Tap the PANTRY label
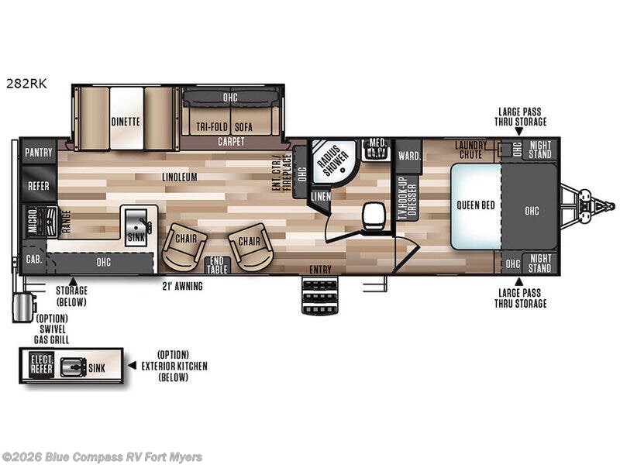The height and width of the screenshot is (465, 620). pyautogui.click(x=38, y=152)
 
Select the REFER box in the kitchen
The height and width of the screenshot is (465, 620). pyautogui.click(x=38, y=186)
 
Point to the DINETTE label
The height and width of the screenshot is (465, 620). pyautogui.click(x=125, y=122)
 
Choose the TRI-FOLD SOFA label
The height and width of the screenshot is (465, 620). pyautogui.click(x=229, y=126)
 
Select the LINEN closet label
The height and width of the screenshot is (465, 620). pyautogui.click(x=320, y=196)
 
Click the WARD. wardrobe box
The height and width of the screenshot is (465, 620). pyautogui.click(x=409, y=155)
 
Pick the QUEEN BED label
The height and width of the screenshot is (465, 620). pyautogui.click(x=475, y=205)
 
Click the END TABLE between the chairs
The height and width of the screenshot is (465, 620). pyautogui.click(x=217, y=265)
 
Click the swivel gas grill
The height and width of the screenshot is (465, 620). pyautogui.click(x=21, y=306)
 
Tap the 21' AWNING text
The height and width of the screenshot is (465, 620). pyautogui.click(x=182, y=286)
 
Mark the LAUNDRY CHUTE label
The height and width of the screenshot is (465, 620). pyautogui.click(x=470, y=148)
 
